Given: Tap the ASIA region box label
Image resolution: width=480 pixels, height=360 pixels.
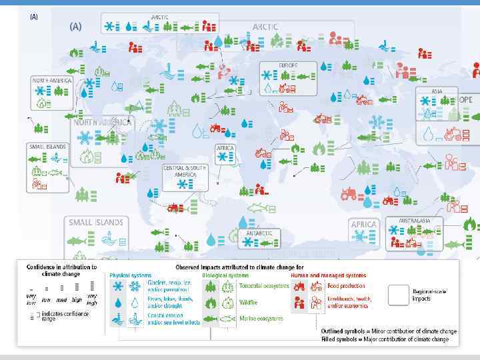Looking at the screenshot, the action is pos(437,91).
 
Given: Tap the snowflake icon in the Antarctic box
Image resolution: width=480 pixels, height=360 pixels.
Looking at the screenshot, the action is pos(247,243).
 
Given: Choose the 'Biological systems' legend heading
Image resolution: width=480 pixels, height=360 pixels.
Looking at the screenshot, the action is pos(226,275).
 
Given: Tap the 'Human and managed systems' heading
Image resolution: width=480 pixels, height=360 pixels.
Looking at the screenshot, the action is pos(328,275).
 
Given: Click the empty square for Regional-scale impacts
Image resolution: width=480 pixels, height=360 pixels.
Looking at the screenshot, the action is pos(399,294).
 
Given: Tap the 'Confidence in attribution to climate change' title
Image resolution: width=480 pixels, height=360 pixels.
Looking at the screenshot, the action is pos(61,270).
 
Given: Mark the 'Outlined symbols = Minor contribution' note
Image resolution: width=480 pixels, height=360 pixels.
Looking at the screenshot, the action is pos(388,331).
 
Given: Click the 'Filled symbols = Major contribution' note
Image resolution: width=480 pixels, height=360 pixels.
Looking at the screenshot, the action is pos(386,339).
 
